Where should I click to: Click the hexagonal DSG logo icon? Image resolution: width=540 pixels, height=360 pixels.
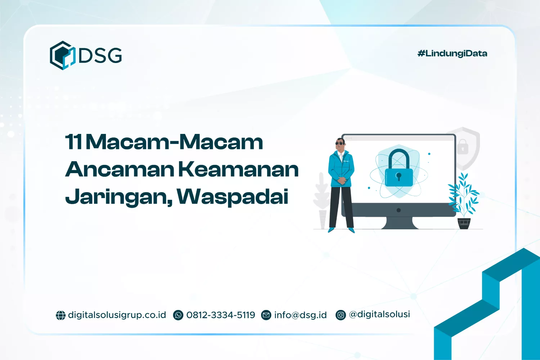[62, 55]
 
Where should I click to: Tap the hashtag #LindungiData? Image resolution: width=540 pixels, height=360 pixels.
[452, 54]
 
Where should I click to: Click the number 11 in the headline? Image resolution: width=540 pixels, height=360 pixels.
[74, 142]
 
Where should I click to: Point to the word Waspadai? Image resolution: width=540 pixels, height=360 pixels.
[233, 197]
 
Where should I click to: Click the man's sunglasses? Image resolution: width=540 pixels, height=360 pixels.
[339, 143]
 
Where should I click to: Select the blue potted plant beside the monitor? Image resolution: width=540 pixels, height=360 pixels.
[464, 202]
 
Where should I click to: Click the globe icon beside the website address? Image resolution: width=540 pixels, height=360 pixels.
[60, 315]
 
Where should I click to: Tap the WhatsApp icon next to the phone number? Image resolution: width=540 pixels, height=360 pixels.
[178, 315]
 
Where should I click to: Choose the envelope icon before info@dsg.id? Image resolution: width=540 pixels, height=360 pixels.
[266, 315]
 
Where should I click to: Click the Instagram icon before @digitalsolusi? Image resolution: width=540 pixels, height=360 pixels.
[341, 315]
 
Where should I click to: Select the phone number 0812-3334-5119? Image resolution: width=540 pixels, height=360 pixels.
[221, 315]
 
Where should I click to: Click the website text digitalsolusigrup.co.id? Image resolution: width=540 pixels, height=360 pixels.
[117, 315]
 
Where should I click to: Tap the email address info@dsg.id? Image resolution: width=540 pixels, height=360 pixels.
[300, 315]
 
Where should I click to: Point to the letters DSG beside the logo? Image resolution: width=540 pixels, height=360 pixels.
[100, 55]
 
